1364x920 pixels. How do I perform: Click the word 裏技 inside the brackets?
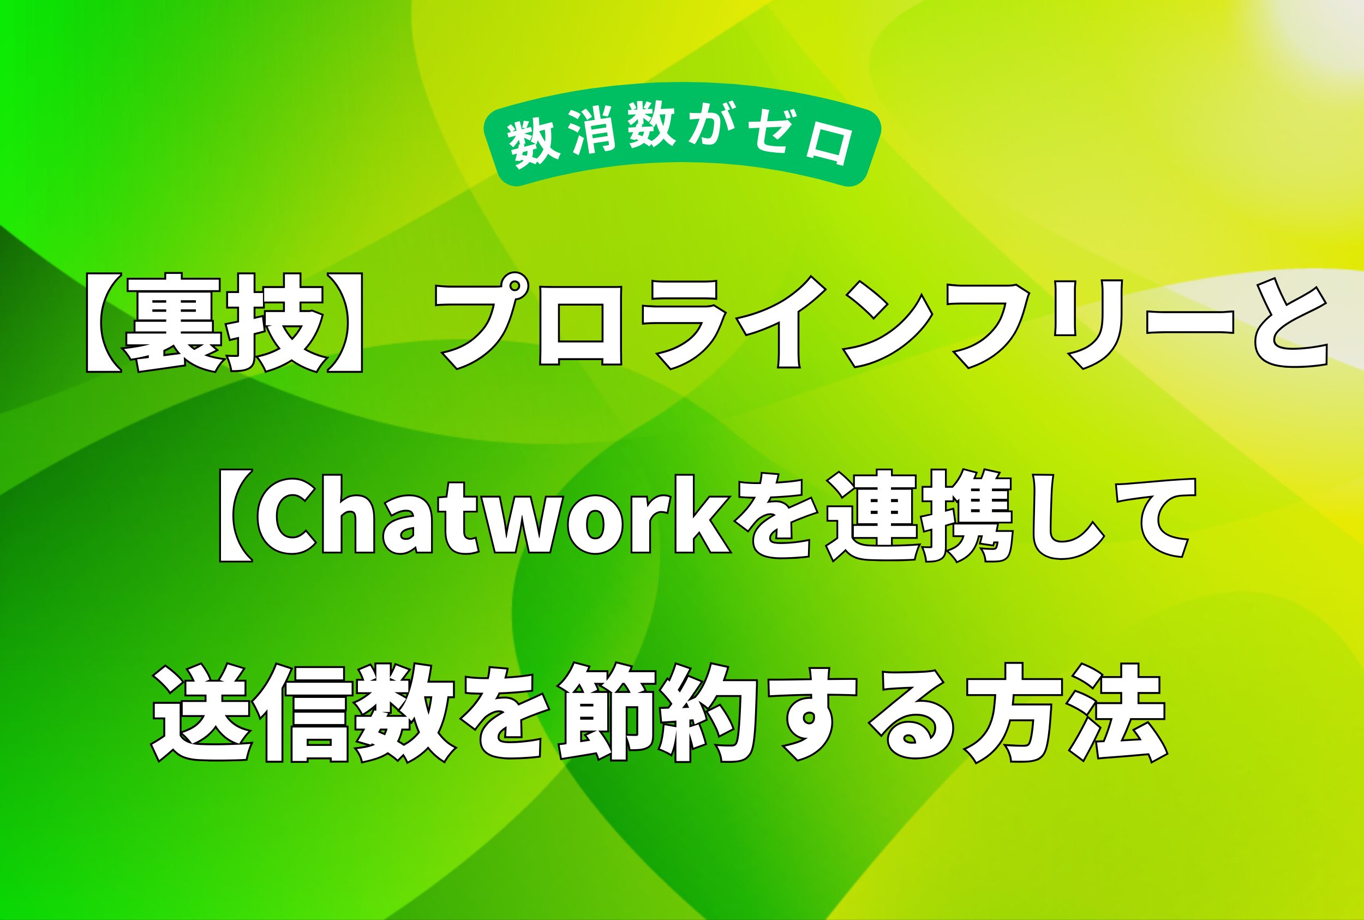click(x=229, y=324)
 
